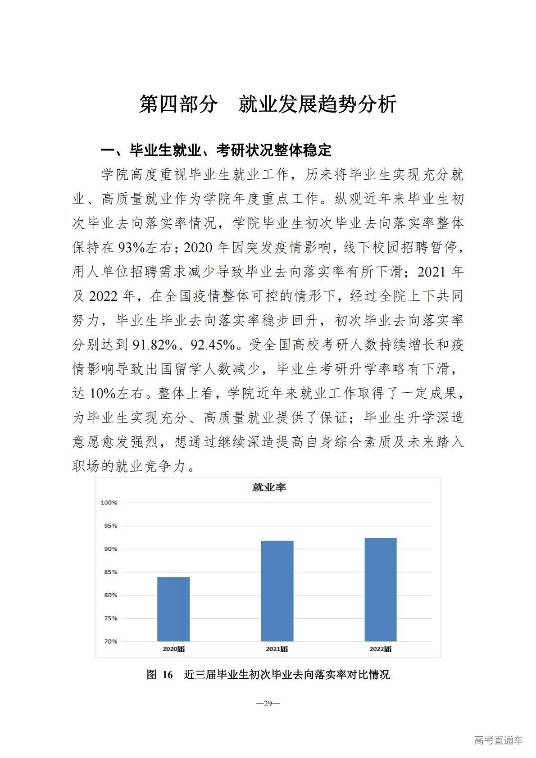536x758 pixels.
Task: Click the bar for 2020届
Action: point(173,609)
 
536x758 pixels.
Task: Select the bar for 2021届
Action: point(277,591)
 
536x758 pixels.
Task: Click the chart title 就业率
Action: point(269,487)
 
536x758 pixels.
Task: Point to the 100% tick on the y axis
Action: point(109,503)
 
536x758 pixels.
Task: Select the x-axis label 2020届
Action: point(174,649)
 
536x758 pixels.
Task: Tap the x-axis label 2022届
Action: point(381,649)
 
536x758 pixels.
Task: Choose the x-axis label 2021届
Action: point(277,649)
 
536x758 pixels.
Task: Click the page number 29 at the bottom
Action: point(268,703)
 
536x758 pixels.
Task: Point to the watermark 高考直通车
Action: point(498,740)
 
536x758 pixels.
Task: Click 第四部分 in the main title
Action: point(178,104)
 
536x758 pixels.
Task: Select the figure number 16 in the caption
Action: point(168,675)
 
